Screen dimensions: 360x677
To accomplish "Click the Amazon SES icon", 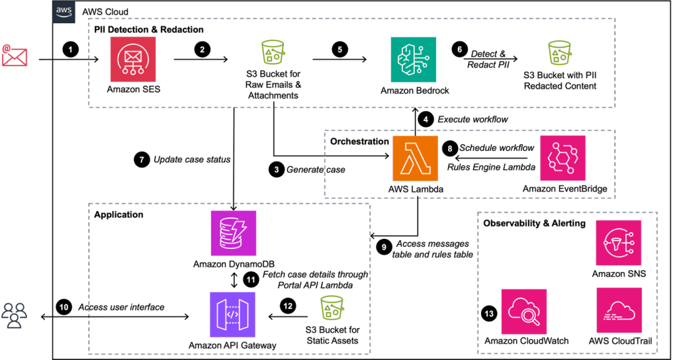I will click(134, 58).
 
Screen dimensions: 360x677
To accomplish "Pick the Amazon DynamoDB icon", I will click(233, 232).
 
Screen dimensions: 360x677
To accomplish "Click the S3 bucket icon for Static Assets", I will click(330, 310).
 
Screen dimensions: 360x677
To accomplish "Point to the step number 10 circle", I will click(64, 307).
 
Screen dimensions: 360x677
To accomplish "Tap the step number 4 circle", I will click(428, 120).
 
